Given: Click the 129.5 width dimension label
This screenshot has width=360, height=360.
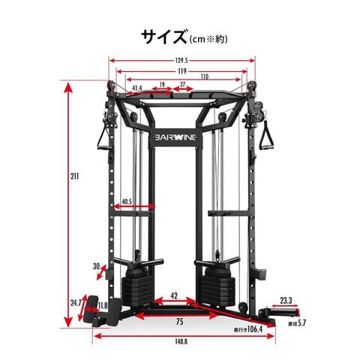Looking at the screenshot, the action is (181, 61).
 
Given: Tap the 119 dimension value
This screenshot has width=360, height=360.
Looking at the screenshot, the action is (182, 71).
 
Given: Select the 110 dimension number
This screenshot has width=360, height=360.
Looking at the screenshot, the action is (205, 77).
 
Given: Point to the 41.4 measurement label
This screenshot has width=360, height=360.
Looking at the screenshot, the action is (137, 88).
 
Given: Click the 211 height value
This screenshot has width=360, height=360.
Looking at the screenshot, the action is (74, 176).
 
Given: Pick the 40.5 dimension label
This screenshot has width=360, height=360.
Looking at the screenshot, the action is (127, 202).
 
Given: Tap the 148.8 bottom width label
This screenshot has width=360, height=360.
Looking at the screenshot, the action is (181, 341).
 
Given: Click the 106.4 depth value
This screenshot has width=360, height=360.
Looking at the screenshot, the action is (255, 329).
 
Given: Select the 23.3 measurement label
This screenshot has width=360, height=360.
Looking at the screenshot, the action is (286, 301).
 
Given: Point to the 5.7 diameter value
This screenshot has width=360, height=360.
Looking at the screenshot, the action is (301, 323).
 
